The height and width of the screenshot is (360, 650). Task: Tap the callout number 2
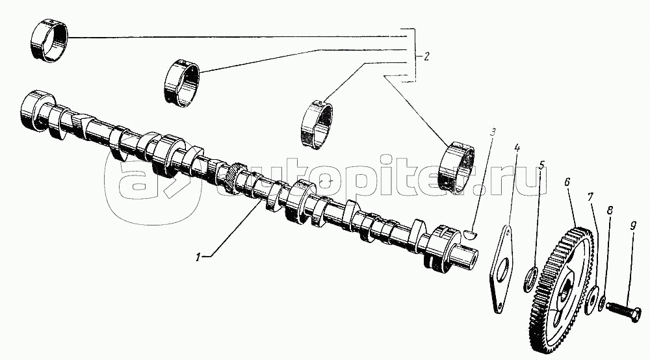426,57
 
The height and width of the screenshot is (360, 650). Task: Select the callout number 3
493,134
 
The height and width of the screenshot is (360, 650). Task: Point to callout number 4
517,148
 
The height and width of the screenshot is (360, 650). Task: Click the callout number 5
541,166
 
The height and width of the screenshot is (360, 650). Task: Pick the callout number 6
567,183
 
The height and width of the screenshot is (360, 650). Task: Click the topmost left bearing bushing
49,40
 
